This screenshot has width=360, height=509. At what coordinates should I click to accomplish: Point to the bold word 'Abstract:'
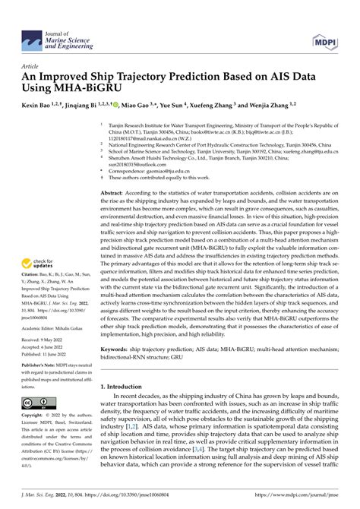pos(114,194)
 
